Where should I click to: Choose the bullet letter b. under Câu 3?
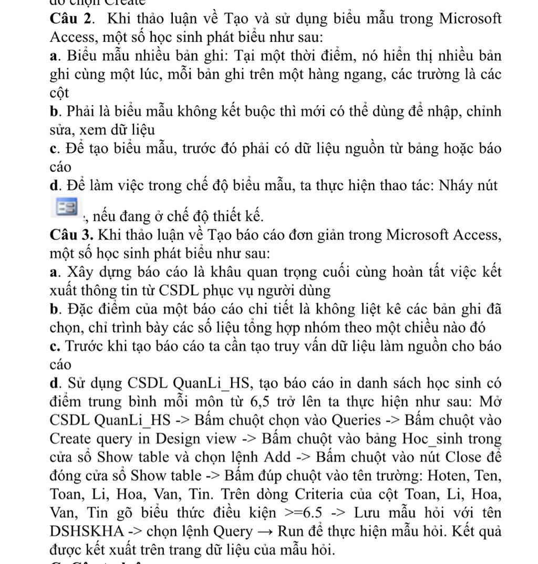pos(56,309)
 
